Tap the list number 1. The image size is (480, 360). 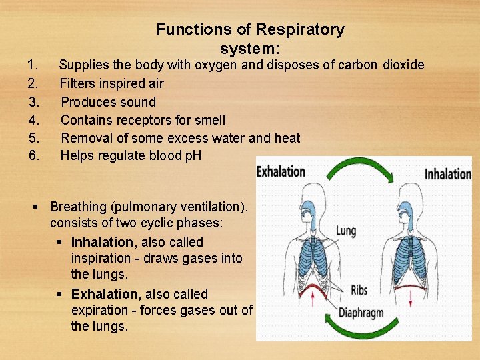click(31, 65)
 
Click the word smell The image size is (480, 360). click(209, 120)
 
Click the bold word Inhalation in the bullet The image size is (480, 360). click(102, 242)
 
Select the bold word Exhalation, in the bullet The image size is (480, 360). click(107, 294)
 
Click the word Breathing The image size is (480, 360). click(79, 207)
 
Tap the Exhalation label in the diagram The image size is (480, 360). click(281, 171)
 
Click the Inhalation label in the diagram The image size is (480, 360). click(448, 174)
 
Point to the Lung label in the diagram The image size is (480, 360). click(346, 231)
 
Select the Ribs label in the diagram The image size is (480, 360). click(359, 291)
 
